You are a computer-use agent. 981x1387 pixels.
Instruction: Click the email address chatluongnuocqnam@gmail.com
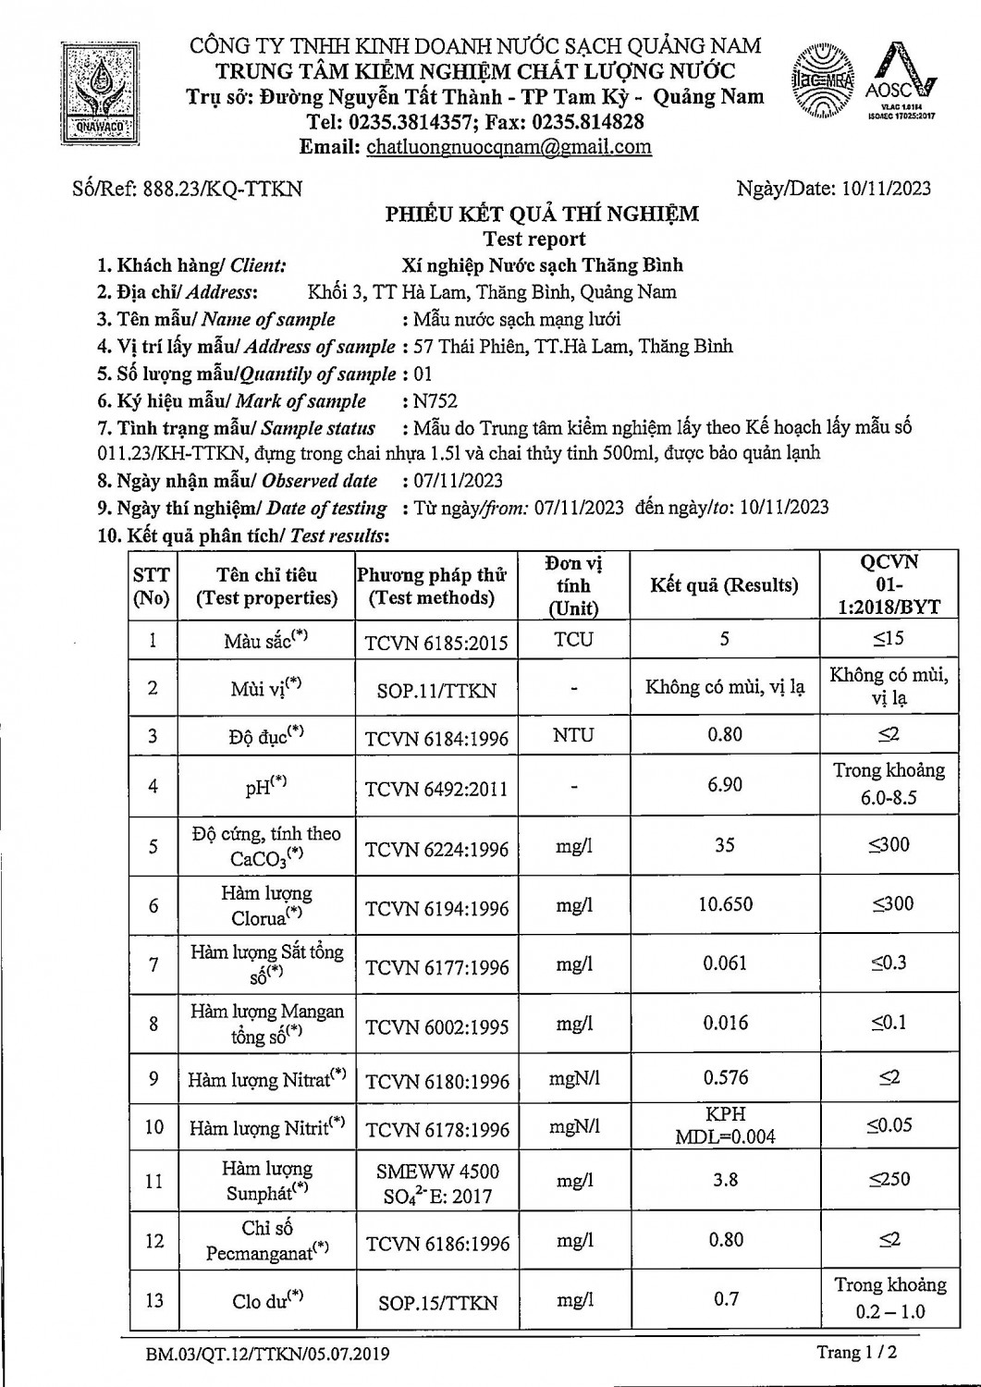509,146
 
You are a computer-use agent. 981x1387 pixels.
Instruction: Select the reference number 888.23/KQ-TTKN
221,190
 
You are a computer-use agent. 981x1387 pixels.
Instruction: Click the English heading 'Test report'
534,239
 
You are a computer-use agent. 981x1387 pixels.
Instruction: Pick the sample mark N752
435,401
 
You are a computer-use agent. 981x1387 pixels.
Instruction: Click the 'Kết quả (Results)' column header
724,585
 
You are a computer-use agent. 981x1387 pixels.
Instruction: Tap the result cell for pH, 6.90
725,785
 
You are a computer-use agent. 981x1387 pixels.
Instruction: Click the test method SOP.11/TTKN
436,691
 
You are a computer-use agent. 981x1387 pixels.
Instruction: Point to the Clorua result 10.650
725,904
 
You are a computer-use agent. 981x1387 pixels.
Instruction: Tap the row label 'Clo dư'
267,1300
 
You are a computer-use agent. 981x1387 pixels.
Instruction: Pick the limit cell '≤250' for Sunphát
889,1180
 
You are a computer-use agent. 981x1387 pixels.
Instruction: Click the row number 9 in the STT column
153,1078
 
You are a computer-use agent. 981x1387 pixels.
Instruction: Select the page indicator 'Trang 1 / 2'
857,1353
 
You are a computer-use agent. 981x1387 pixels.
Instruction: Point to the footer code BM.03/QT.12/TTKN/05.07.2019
267,1355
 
